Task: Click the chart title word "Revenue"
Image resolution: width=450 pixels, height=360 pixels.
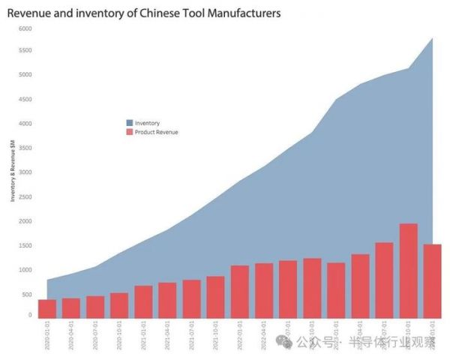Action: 30,13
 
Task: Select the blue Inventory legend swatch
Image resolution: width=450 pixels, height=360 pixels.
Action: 130,123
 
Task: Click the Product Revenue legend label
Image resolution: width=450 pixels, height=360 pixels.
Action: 157,132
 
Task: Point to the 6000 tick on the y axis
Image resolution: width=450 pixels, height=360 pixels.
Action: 25,28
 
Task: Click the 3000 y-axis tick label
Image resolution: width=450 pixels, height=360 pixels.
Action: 25,172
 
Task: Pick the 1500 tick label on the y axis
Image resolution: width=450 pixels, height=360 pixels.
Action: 25,245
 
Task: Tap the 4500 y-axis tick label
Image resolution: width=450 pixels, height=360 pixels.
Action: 25,99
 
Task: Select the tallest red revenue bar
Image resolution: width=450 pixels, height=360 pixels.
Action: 409,271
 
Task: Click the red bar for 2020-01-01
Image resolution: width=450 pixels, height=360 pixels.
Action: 47,309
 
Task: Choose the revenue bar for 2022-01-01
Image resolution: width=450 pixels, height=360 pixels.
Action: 240,292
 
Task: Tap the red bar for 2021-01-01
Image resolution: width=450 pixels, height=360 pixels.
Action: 144,301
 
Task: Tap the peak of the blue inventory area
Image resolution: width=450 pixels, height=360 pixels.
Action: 432,39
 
